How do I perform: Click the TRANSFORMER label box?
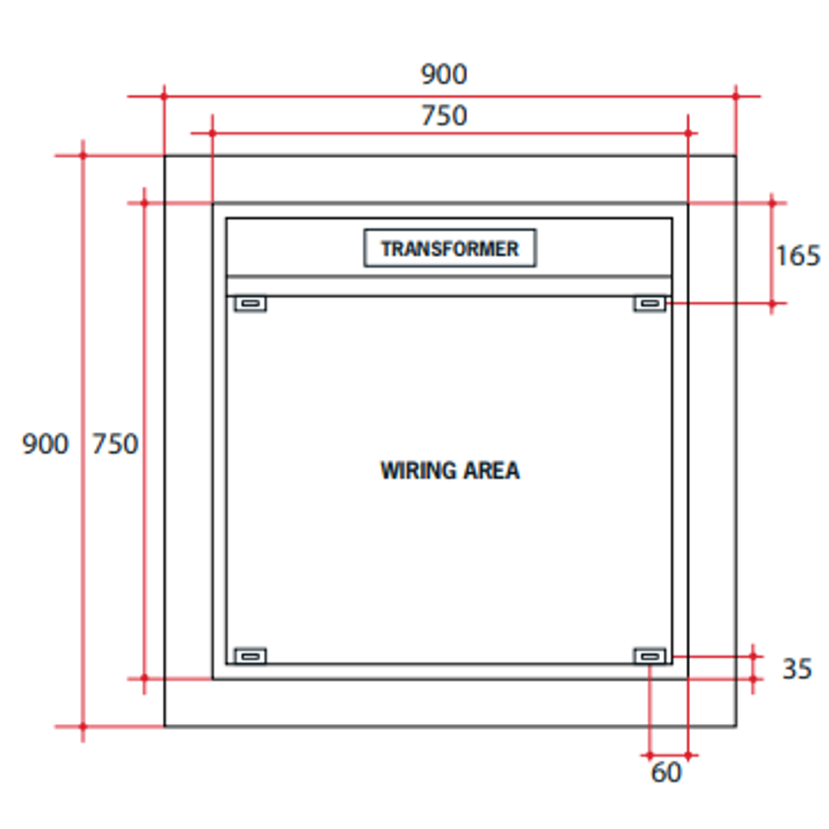(450, 249)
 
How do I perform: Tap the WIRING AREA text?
(450, 470)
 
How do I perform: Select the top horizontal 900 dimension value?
(444, 74)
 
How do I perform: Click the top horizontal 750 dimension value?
(444, 115)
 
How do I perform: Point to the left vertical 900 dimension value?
(45, 444)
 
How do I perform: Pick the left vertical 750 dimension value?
(115, 444)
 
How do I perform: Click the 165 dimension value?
(797, 256)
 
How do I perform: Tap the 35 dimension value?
(797, 669)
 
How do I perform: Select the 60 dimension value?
(666, 772)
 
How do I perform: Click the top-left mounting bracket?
(250, 304)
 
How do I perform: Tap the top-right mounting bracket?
(649, 304)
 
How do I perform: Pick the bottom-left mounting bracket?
(250, 656)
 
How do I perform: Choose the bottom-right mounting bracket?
(649, 656)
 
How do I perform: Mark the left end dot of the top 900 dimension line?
(163, 96)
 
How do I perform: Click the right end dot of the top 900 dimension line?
(735, 96)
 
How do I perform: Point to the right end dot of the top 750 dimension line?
(688, 133)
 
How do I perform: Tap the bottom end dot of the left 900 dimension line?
(83, 725)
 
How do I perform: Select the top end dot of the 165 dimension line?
(772, 203)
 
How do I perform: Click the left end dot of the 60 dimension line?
(650, 755)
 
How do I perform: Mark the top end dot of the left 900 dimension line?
(83, 156)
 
